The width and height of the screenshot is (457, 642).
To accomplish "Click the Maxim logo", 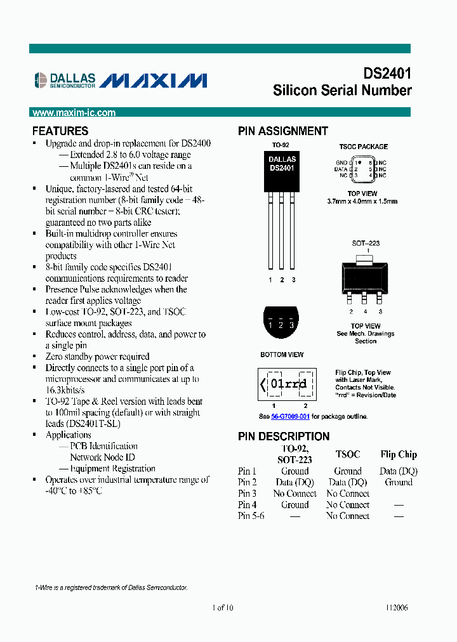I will (154, 80).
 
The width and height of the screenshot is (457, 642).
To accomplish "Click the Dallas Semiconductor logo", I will (65, 79).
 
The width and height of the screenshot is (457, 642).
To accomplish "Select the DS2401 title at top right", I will (387, 74).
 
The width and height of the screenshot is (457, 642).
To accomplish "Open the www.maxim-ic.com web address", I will (74, 113).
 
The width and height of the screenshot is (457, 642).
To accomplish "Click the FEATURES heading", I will (60, 131).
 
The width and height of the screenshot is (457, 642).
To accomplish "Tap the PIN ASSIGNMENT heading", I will (282, 131).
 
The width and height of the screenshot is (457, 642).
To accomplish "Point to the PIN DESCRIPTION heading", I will (284, 436).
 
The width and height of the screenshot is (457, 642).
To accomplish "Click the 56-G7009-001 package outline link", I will (290, 417).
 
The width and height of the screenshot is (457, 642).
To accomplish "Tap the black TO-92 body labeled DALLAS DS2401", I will (282, 171).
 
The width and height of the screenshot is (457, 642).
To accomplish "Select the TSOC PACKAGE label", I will (363, 147).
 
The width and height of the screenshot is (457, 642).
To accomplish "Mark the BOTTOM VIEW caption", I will (282, 355).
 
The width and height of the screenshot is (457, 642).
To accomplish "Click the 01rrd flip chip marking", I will (288, 384).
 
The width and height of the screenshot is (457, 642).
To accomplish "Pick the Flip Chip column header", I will (399, 454).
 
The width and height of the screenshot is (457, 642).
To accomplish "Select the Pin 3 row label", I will (247, 494).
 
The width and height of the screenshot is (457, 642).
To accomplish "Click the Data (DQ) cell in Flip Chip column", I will (399, 471).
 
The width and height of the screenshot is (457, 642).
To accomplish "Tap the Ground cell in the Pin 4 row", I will (295, 505).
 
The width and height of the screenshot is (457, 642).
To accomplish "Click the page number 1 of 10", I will (223, 607).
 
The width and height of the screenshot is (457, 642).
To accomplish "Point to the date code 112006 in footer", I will (396, 607).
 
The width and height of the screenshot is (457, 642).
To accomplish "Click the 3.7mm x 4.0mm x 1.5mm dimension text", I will (362, 201).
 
